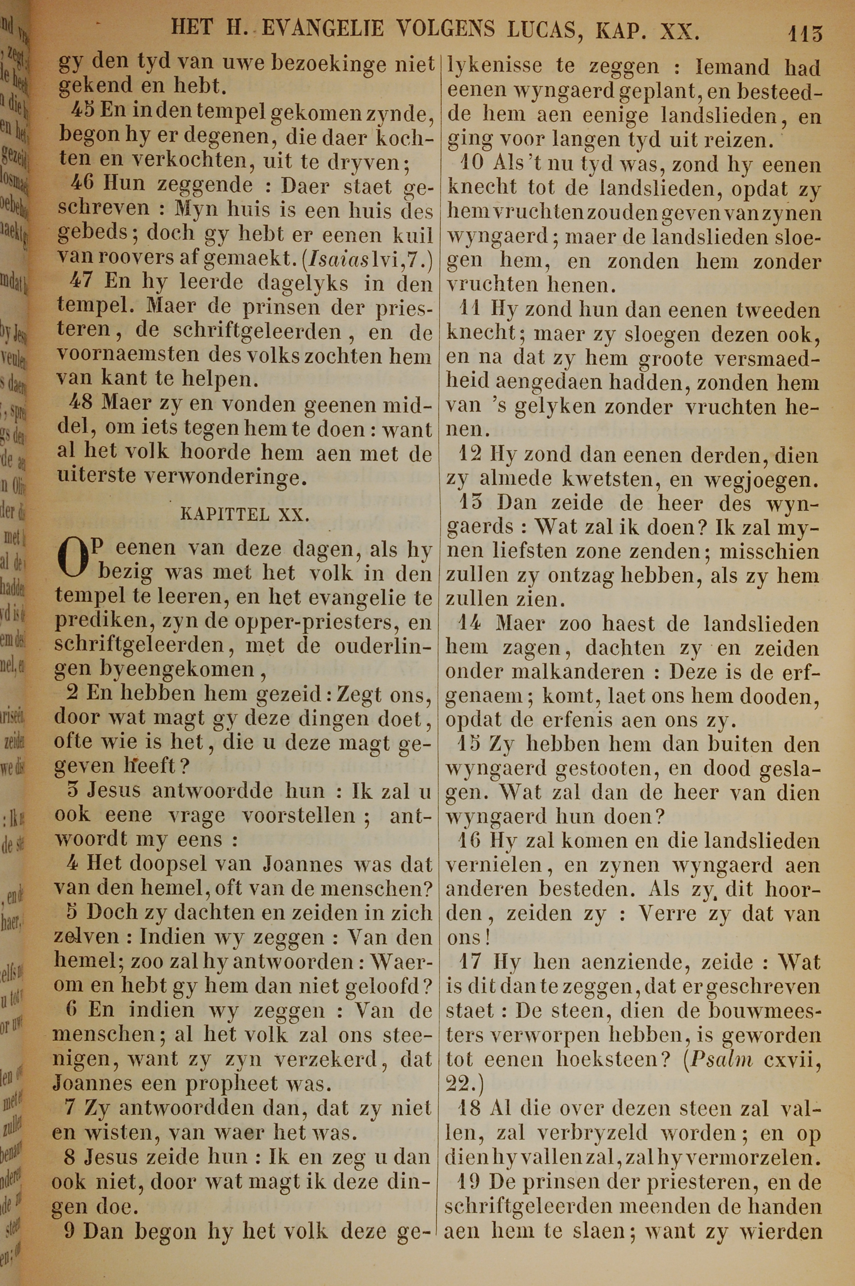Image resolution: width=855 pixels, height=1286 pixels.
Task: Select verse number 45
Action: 83,113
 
